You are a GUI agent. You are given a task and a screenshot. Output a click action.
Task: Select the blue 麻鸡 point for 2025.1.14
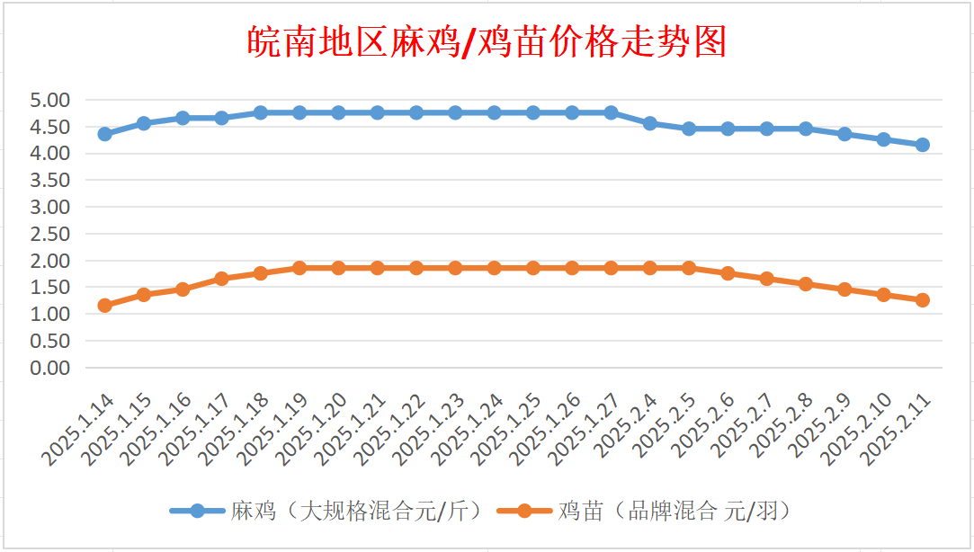(104, 134)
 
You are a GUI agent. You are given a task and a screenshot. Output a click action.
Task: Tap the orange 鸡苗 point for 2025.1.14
(104, 306)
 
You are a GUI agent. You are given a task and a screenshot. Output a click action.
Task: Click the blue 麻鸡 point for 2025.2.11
(922, 145)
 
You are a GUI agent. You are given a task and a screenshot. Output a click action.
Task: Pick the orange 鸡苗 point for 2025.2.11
(922, 300)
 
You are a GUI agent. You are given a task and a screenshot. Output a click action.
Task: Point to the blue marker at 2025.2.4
(649, 123)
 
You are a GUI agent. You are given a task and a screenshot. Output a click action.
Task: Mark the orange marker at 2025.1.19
(299, 268)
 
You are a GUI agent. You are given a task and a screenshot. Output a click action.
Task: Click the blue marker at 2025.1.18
(260, 112)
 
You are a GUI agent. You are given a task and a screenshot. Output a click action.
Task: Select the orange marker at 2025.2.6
(728, 273)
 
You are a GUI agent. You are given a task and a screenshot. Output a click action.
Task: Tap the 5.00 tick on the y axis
(50, 100)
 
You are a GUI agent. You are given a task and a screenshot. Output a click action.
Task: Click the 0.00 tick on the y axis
(50, 368)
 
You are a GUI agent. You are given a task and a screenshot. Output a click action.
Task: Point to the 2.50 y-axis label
(50, 234)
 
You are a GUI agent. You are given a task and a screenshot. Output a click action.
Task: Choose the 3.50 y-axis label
(50, 180)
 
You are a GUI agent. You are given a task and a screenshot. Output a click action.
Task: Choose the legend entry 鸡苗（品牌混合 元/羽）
(675, 512)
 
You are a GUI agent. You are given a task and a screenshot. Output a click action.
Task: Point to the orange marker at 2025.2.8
(806, 284)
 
